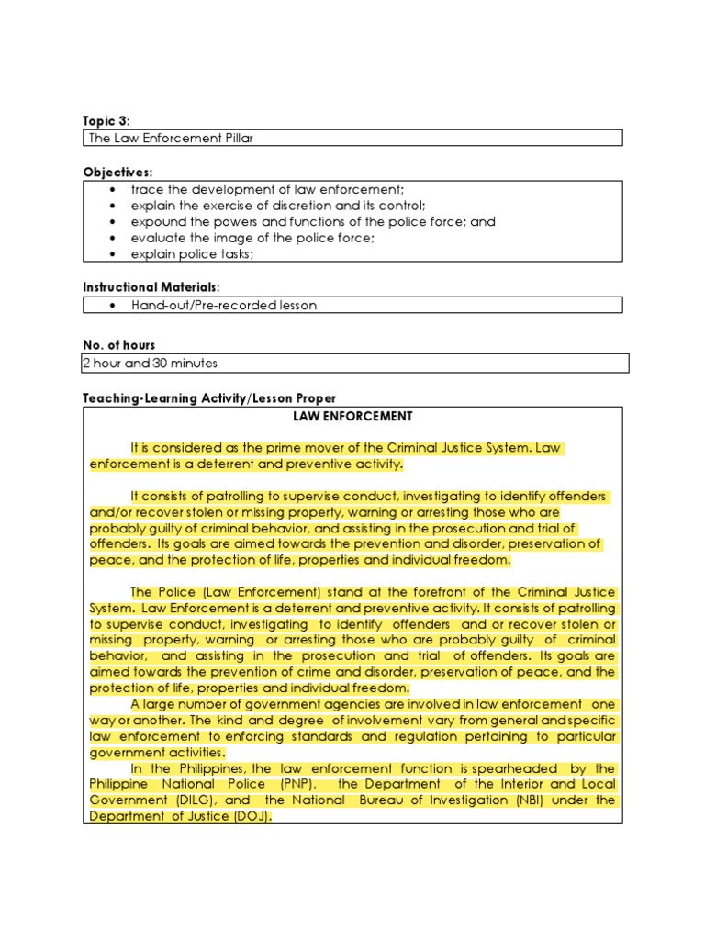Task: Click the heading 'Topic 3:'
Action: click(x=106, y=121)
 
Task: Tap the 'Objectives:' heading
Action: click(x=117, y=173)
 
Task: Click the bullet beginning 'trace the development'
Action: click(x=261, y=189)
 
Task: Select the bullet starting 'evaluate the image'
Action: click(x=252, y=238)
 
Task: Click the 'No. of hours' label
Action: click(x=119, y=345)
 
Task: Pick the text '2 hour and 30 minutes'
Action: click(x=150, y=363)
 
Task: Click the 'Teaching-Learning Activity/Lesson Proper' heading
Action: click(x=209, y=398)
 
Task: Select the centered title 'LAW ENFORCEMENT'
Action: click(x=352, y=416)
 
